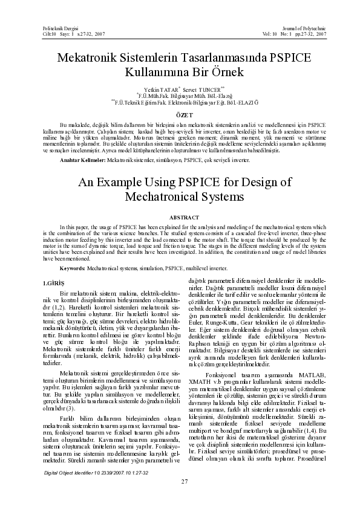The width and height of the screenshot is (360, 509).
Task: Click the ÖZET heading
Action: pyautogui.click(x=180, y=114)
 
